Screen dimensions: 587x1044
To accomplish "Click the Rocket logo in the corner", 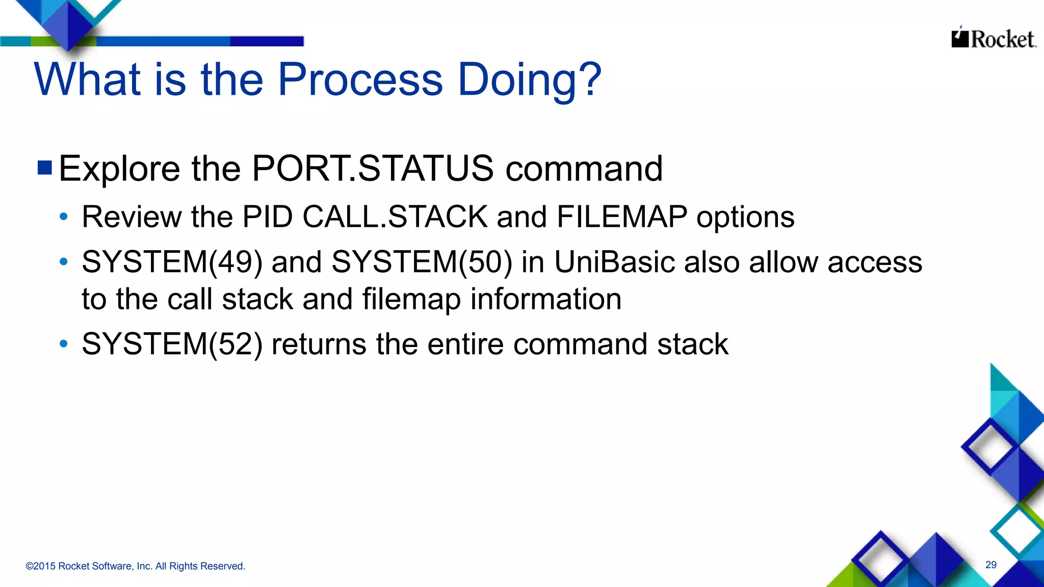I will click(994, 39).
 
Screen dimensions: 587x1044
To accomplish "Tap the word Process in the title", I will click(360, 79).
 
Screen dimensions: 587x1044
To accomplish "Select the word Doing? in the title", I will click(530, 81).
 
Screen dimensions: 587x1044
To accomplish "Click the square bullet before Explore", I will click(45, 168).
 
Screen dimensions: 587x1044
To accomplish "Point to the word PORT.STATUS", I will click(373, 168).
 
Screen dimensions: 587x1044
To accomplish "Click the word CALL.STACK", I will click(395, 217).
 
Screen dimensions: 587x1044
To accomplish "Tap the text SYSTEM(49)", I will click(172, 262).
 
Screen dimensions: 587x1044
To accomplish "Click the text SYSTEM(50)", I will click(422, 262).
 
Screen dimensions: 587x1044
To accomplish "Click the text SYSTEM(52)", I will click(172, 344).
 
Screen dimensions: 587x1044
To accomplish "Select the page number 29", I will click(991, 565).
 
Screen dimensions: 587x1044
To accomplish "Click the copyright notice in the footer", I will click(136, 566).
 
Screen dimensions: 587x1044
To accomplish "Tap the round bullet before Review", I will click(64, 217).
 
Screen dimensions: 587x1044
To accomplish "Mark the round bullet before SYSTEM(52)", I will click(64, 344).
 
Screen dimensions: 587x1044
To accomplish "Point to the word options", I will click(745, 218).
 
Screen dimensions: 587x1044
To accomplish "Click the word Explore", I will click(119, 168).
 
